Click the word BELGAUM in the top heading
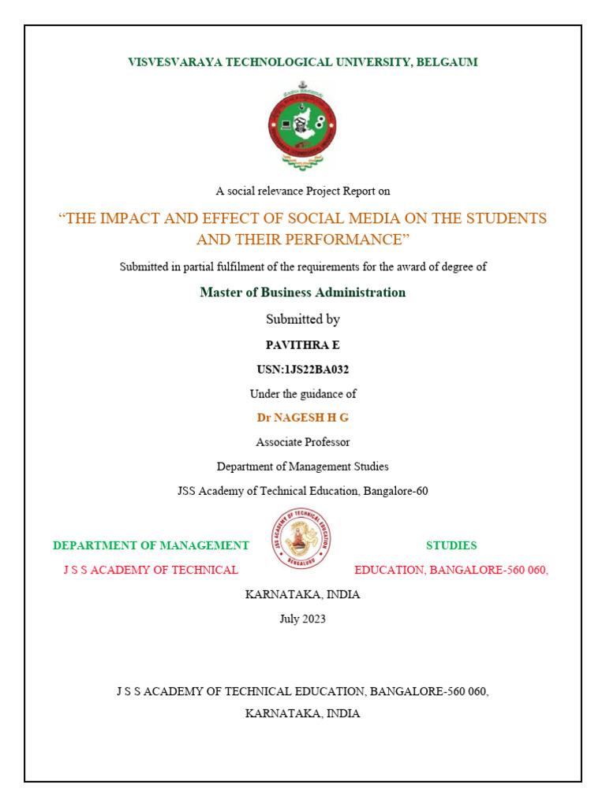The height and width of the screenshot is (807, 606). (447, 61)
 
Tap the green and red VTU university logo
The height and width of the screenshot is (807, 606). (303, 126)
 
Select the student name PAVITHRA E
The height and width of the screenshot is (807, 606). (303, 344)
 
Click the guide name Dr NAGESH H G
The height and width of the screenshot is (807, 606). (303, 418)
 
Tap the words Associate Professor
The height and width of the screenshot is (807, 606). (303, 442)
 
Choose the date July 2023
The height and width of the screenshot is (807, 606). (303, 619)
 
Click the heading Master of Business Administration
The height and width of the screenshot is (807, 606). (303, 292)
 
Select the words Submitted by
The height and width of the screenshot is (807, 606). (303, 319)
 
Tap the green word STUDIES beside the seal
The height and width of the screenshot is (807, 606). (451, 545)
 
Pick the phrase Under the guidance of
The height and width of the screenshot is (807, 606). (303, 393)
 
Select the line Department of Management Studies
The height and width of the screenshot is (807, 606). (303, 467)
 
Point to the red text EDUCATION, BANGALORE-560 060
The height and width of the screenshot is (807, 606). (451, 570)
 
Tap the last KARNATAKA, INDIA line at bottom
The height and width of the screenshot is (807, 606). (303, 713)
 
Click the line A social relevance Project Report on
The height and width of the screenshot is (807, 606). (303, 191)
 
